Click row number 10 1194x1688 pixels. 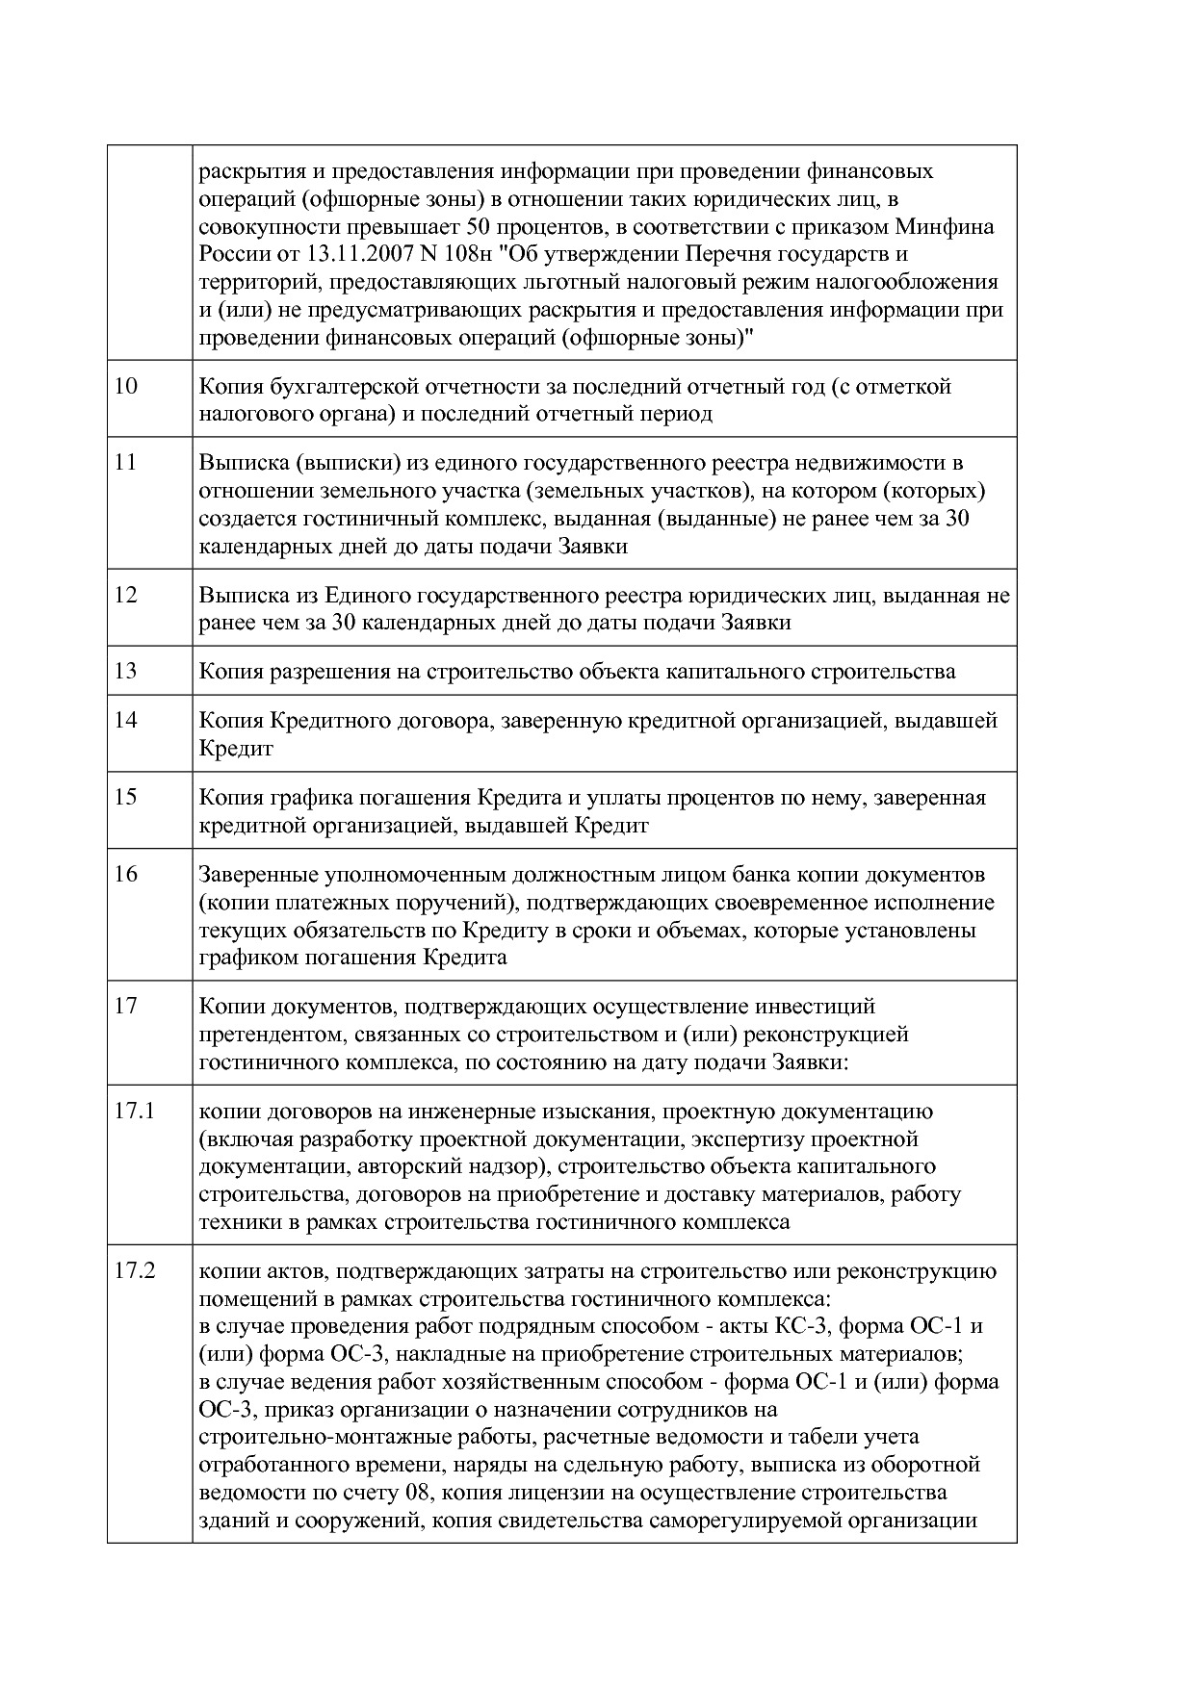point(126,386)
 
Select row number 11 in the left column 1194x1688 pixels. point(125,462)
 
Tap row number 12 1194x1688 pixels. point(126,594)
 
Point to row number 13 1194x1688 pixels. point(126,671)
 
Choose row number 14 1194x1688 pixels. point(126,720)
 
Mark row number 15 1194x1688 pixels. point(126,797)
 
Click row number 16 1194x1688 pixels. point(126,874)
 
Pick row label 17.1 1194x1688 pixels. point(134,1111)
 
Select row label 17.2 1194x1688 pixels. point(134,1270)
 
